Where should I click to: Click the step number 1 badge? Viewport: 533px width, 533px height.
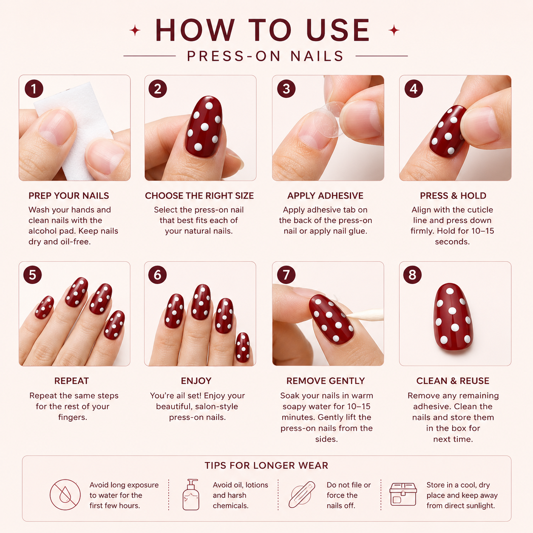click(x=34, y=89)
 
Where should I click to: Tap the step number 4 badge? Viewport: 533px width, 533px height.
click(x=414, y=89)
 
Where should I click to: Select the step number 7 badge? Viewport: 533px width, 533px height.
click(x=286, y=275)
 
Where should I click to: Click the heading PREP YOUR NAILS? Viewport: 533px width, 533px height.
click(x=68, y=196)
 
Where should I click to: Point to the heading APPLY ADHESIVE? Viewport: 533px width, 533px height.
click(x=325, y=196)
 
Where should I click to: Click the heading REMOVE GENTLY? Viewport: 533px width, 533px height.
click(x=326, y=381)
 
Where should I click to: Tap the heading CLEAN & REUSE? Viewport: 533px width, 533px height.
click(x=453, y=381)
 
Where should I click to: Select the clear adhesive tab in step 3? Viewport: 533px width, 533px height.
click(x=329, y=119)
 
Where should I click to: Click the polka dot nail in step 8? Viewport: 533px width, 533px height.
click(x=453, y=316)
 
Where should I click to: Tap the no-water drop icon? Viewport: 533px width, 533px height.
click(x=65, y=495)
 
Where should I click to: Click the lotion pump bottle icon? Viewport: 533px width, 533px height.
click(x=191, y=495)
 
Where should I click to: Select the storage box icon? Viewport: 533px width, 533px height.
click(x=403, y=494)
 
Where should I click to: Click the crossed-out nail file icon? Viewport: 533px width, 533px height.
click(x=302, y=494)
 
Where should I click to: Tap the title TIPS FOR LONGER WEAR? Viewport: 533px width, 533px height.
click(x=266, y=465)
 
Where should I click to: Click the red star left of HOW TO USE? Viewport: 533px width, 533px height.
click(x=135, y=30)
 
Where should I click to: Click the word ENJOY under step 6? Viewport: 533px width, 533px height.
click(x=196, y=381)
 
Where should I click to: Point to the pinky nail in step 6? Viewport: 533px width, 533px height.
click(x=243, y=347)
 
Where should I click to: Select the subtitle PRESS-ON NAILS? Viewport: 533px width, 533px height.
click(x=266, y=56)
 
